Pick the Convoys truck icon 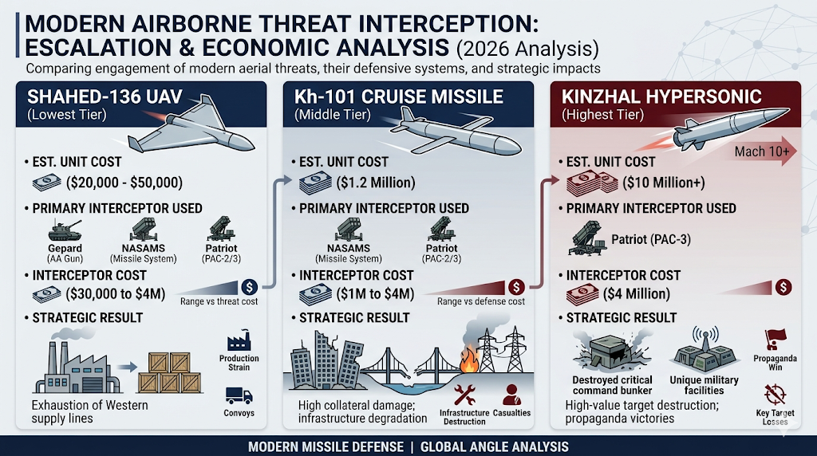[239, 395]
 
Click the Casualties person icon [511, 394]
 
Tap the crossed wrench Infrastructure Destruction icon [464, 394]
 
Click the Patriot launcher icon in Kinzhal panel [590, 238]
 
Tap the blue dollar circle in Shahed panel [248, 286]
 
